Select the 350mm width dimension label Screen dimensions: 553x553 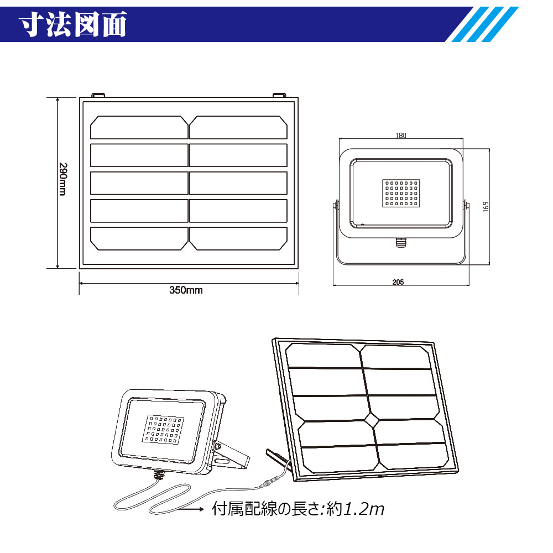point(186,290)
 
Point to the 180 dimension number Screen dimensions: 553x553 point(401,136)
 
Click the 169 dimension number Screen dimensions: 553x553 point(485,206)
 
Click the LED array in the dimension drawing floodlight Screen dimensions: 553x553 point(401,193)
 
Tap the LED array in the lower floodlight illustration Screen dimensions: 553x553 point(164,428)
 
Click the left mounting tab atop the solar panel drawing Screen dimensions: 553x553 point(98,95)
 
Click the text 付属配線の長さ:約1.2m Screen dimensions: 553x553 point(298,509)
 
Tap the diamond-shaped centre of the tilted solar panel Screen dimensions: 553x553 point(369,421)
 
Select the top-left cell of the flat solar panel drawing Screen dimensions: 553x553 point(139,127)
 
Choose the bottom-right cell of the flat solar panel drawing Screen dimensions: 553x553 point(238,238)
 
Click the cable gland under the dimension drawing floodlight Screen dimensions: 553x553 point(400,241)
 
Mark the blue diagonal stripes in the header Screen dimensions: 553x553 point(482,24)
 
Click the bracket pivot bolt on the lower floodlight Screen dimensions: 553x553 point(217,446)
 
